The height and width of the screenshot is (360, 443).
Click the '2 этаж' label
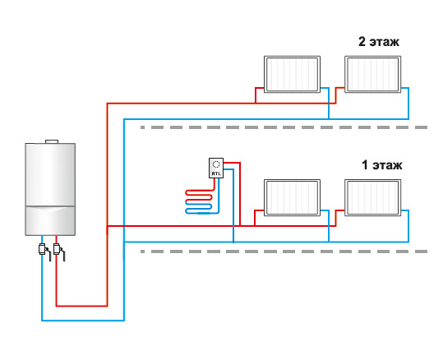click(x=379, y=42)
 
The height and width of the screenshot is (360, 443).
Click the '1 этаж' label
click(x=381, y=165)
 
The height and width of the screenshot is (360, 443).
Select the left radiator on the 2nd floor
click(x=292, y=74)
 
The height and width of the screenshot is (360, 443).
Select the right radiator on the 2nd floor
click(x=372, y=74)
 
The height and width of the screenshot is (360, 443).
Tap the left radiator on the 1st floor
click(x=292, y=198)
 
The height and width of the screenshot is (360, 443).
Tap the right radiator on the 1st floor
click(x=372, y=198)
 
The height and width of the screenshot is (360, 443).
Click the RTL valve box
click(x=216, y=168)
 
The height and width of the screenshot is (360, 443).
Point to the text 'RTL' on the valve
click(x=216, y=173)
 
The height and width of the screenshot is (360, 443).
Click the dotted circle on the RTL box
click(x=216, y=164)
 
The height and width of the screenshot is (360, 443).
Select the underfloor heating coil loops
click(x=199, y=201)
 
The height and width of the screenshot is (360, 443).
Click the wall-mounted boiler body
click(x=50, y=189)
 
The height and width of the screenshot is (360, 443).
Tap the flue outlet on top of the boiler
click(x=52, y=141)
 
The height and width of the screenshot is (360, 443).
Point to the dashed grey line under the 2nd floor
click(x=284, y=127)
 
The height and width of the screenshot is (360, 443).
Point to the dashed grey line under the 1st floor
click(x=284, y=252)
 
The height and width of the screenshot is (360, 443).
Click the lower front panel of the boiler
click(x=50, y=221)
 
